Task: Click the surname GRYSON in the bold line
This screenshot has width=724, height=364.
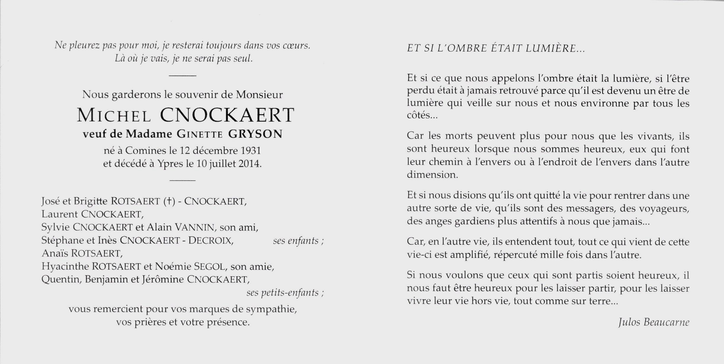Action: (255, 134)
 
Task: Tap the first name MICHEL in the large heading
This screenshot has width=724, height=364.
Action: (114, 115)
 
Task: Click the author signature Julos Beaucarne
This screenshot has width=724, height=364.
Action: (654, 322)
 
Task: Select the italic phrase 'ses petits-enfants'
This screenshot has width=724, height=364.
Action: (283, 293)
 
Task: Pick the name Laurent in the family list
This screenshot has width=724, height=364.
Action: (60, 214)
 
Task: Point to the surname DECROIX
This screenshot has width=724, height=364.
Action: (211, 240)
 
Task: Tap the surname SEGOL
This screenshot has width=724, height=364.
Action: (210, 267)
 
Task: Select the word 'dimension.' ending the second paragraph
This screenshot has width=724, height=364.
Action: (432, 175)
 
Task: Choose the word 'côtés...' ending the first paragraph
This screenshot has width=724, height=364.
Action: (422, 116)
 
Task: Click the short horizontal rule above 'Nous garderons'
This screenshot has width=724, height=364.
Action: (182, 76)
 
